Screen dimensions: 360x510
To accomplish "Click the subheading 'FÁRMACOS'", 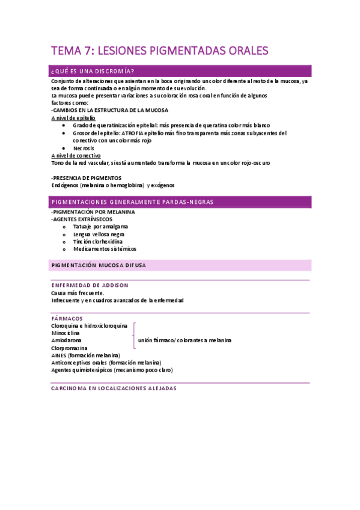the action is coord(67,318).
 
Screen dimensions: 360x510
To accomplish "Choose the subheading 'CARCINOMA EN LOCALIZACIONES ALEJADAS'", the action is coord(114,389).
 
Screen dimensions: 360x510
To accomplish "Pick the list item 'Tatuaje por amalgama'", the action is coord(100,227).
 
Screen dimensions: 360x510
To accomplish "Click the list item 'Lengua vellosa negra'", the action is coord(99,234).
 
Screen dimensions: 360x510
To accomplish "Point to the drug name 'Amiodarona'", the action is coord(67,340).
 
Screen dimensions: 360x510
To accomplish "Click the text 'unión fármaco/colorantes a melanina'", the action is coord(185,340).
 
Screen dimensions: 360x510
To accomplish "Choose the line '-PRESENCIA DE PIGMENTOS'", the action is coord(87,178).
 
